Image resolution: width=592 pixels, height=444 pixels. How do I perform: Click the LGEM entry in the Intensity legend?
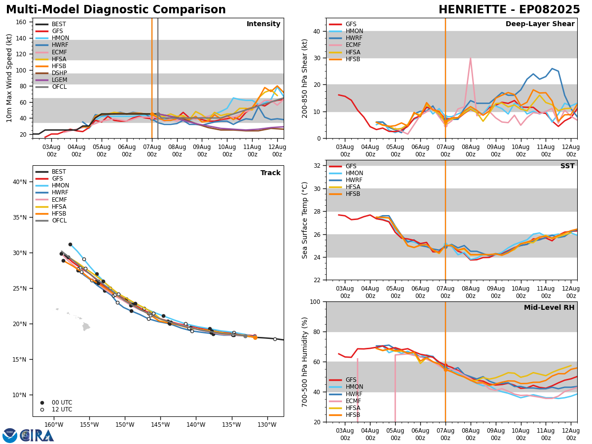59,80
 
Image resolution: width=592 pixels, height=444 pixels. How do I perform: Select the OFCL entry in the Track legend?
59,221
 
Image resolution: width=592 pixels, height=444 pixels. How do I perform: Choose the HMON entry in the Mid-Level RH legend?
353,387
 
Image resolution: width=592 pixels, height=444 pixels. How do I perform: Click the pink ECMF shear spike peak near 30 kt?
470,58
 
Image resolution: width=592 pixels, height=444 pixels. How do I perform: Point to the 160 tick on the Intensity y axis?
22,22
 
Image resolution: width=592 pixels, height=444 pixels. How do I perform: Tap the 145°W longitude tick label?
160,425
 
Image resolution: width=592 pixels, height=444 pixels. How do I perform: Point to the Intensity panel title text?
263,24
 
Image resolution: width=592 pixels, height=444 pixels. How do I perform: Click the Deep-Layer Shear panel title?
540,24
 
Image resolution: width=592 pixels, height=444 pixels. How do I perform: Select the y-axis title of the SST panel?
305,220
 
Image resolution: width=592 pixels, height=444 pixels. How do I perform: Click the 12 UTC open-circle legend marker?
42,409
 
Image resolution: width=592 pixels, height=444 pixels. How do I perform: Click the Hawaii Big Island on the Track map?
86,326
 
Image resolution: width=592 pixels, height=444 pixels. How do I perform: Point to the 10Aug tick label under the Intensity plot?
227,150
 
